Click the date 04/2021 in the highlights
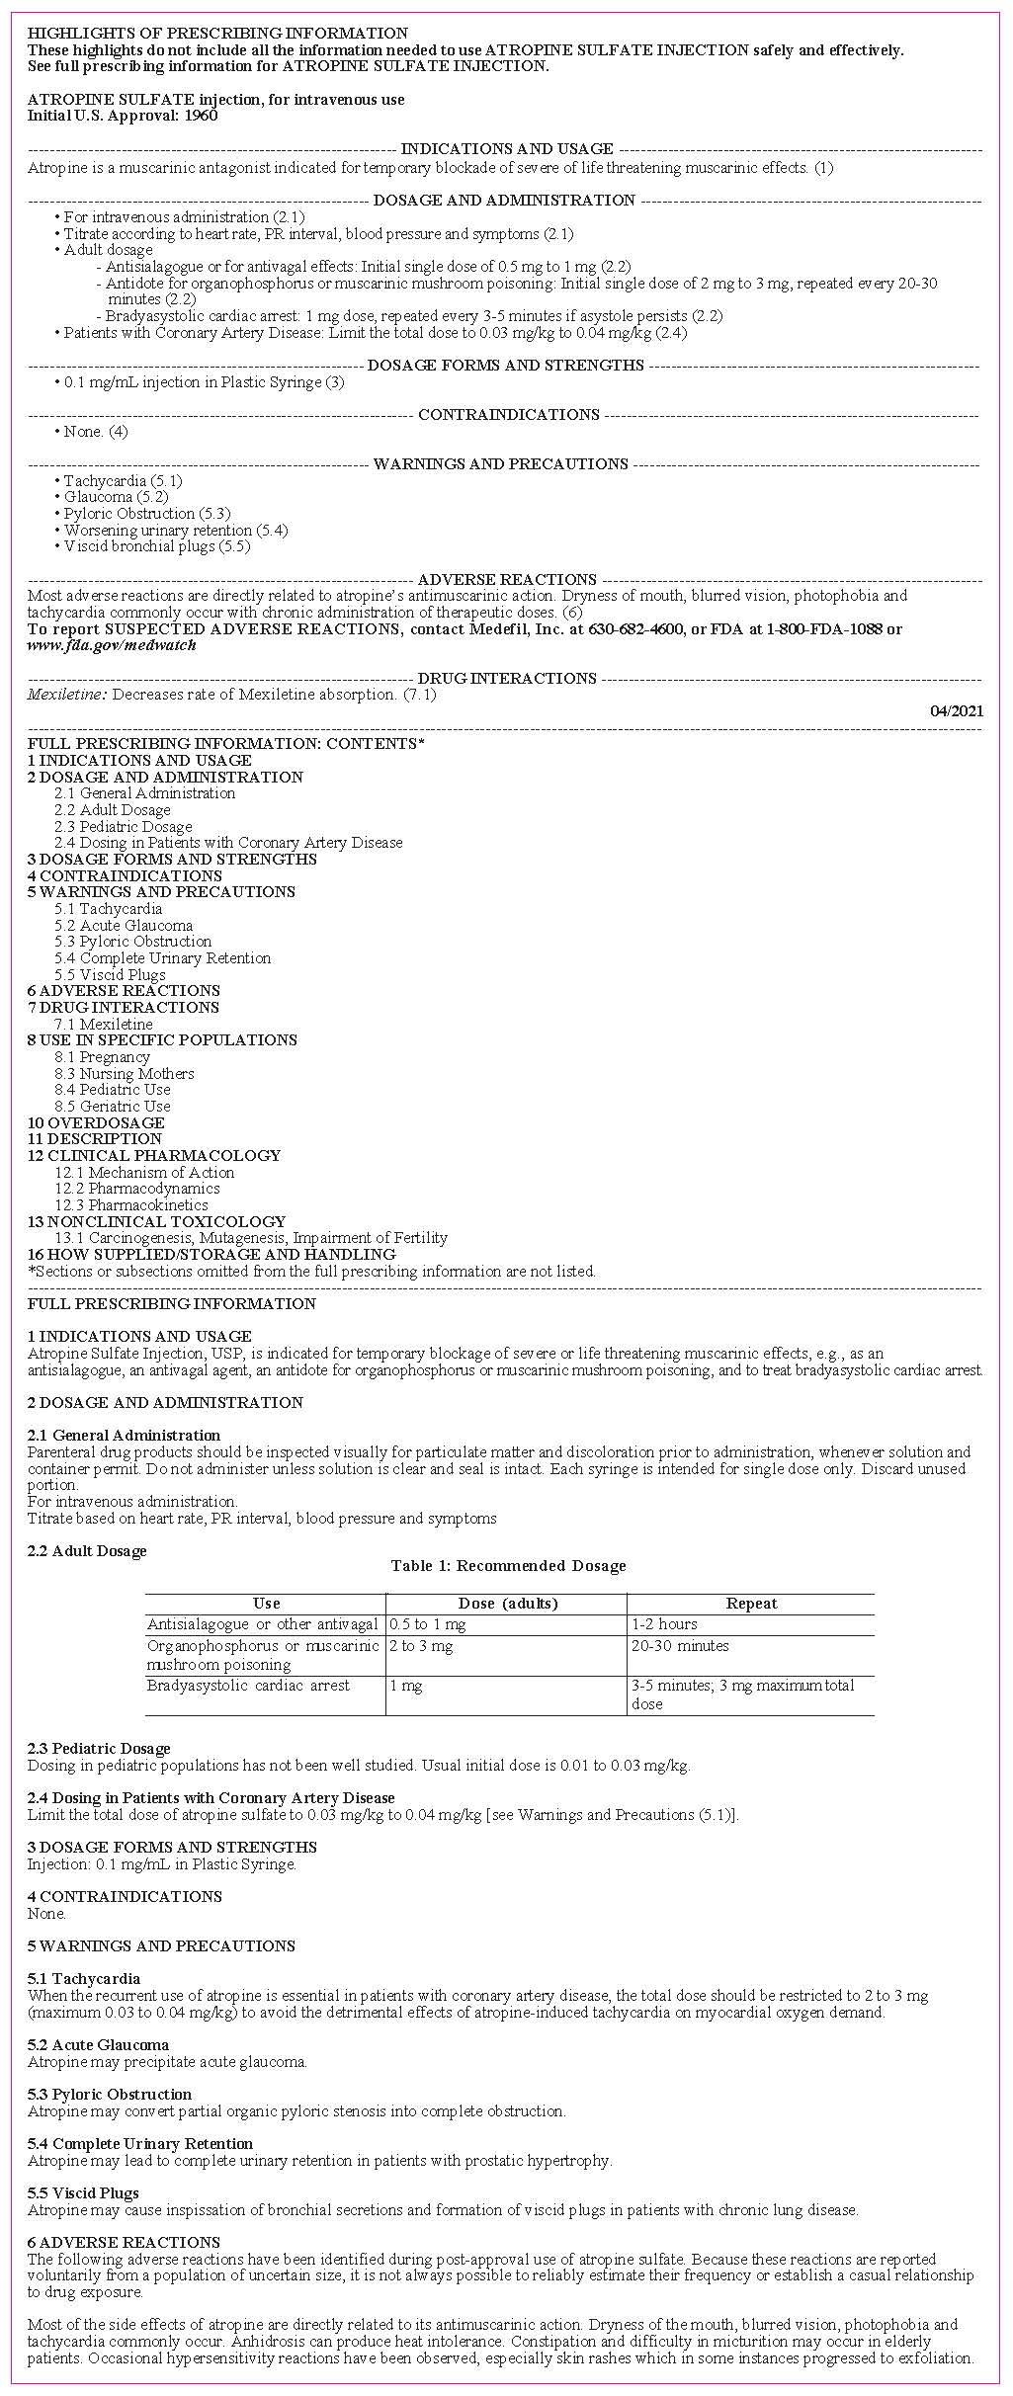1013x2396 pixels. [957, 710]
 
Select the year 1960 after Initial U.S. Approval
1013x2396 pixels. [201, 116]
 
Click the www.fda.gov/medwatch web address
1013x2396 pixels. [112, 645]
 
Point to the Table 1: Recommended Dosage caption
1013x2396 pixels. [508, 1565]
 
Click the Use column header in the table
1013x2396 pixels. [266, 1603]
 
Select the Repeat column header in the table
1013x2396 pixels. [751, 1603]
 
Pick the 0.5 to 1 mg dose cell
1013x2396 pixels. [428, 1623]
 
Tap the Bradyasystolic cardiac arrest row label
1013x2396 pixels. [248, 1685]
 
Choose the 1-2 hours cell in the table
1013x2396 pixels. [664, 1623]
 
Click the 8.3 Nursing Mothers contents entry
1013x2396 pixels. [125, 1073]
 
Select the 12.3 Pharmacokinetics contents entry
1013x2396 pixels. [131, 1204]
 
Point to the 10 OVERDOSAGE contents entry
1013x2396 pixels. [96, 1122]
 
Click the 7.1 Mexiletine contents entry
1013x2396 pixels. [104, 1024]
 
